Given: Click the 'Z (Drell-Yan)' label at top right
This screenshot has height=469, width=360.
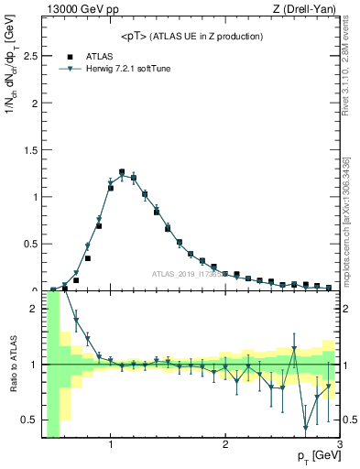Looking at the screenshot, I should pyautogui.click(x=309, y=9).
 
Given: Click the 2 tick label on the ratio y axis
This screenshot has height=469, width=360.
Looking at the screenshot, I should pyautogui.click(x=35, y=309).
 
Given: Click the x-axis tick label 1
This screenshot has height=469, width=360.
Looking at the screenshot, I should pyautogui.click(x=111, y=445).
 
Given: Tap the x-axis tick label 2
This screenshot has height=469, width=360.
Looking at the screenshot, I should pyautogui.click(x=225, y=445).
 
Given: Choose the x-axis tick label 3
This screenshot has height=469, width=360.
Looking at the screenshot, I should pyautogui.click(x=339, y=445).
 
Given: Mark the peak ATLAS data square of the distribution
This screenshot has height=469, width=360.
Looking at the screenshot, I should pyautogui.click(x=122, y=171).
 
